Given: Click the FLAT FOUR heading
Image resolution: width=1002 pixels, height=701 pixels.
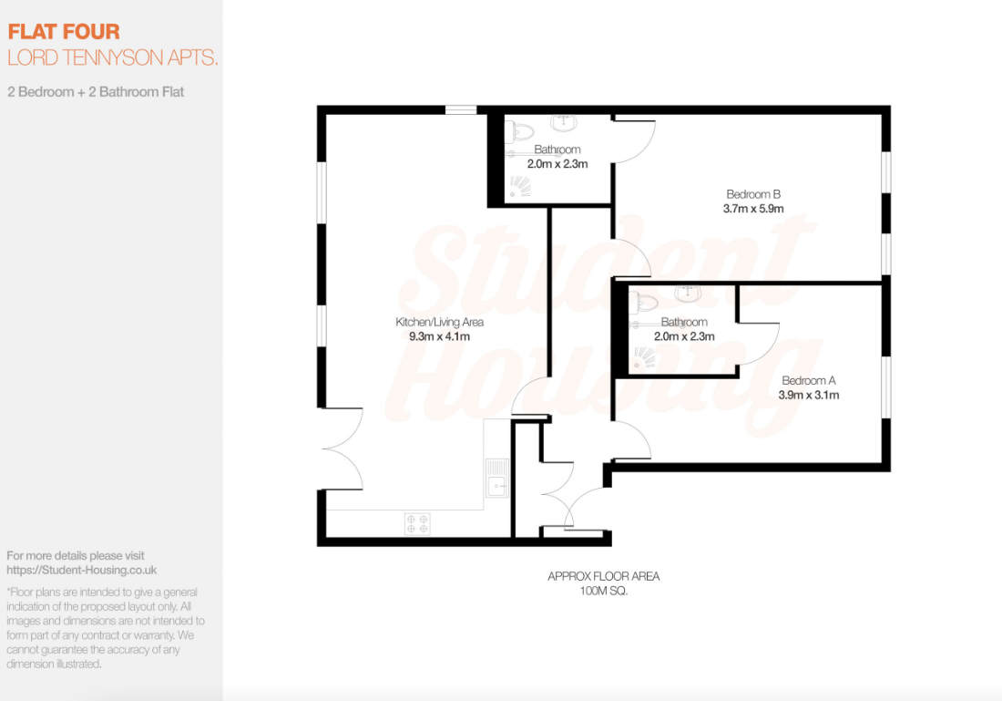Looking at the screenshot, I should tap(64, 33).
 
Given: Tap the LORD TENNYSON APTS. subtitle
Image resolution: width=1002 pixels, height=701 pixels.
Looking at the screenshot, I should tap(113, 57).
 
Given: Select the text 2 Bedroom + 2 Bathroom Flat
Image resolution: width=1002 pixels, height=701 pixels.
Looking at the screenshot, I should tap(96, 92).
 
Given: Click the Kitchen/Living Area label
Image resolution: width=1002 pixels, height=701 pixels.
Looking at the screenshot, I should tap(439, 322).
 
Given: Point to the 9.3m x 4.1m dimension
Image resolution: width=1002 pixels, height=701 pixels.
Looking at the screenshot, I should tap(439, 336).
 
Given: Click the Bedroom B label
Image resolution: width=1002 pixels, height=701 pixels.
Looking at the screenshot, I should tap(753, 194).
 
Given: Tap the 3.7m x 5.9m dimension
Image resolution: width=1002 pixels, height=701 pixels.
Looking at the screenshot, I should tap(753, 209).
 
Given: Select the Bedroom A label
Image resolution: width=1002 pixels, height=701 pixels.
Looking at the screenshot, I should tap(808, 381).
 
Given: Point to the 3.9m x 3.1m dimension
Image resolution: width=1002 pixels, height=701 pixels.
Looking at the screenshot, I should tap(808, 396).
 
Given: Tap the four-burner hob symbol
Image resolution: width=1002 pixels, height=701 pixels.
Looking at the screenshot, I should tap(418, 523).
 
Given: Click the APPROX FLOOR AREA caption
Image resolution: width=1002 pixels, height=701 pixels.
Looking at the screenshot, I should tap(603, 576).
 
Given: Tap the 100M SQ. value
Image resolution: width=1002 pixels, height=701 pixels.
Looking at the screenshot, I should tap(603, 591).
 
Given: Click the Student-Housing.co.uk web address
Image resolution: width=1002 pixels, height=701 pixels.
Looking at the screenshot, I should tap(82, 570).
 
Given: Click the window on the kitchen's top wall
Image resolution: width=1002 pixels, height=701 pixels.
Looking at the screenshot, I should tap(462, 110).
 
